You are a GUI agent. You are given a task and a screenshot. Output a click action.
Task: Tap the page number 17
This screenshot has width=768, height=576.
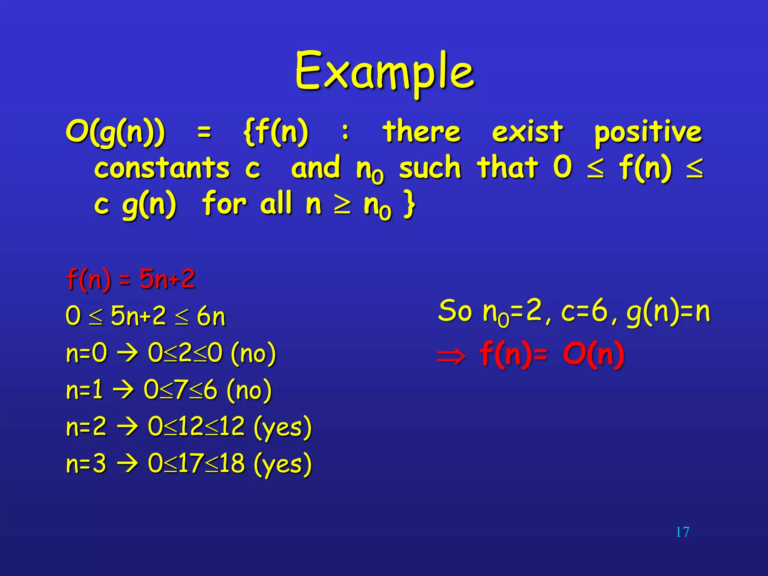(x=682, y=532)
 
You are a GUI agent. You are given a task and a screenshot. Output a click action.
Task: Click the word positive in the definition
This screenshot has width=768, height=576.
(x=648, y=132)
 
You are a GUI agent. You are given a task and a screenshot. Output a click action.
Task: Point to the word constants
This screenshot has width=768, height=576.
(x=162, y=168)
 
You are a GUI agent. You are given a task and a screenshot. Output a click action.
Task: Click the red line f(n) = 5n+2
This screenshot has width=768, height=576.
(x=130, y=279)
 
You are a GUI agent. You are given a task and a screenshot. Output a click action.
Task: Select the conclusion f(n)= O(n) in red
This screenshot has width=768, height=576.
(x=552, y=354)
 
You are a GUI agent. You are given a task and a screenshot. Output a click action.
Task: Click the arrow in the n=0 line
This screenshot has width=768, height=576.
(x=127, y=353)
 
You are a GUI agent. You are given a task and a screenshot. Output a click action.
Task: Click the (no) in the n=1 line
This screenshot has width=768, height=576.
(x=249, y=390)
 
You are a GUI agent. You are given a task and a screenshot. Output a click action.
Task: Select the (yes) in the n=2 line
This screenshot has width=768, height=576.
(x=283, y=427)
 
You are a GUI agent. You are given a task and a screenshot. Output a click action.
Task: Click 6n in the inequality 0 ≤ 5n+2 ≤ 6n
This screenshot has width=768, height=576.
(x=211, y=316)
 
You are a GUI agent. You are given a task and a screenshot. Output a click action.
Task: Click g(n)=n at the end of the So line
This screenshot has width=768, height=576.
(x=668, y=312)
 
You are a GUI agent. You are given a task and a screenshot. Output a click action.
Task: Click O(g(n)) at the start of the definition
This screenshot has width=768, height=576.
(x=115, y=132)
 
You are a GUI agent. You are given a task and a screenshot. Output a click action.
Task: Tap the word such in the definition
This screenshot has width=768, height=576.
(x=430, y=168)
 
